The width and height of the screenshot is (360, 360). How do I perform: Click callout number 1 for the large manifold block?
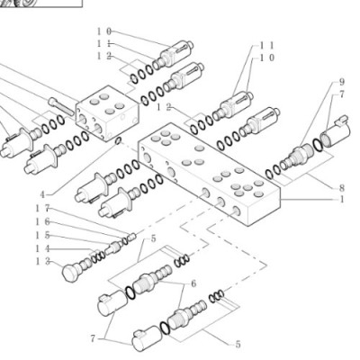coord(341,199)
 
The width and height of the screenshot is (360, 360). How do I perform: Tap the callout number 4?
coord(42,195)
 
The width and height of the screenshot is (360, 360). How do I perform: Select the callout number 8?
coord(341,188)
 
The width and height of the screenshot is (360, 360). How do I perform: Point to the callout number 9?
coord(342,82)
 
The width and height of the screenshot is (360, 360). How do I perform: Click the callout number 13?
coord(42,262)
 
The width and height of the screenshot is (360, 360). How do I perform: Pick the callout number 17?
coord(42,208)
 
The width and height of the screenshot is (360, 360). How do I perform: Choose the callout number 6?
coord(193,283)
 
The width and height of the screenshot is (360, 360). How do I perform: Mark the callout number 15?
coord(42,235)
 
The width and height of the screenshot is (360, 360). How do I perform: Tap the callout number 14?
coord(42,248)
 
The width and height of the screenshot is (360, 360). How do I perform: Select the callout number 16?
coord(42,221)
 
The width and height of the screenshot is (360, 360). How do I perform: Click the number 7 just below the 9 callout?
coord(342,94)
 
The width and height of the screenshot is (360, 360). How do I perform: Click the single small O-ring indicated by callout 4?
coord(118,140)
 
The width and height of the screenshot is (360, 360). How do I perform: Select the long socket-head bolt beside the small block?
coord(60,106)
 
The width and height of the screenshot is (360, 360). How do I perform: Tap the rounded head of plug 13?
coord(70,273)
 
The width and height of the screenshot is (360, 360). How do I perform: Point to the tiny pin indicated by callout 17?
coord(132,237)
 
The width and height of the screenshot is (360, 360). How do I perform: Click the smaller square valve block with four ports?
coord(107,112)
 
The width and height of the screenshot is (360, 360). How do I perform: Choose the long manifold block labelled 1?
coord(209,174)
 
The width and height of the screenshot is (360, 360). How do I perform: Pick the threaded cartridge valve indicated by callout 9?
coord(296,155)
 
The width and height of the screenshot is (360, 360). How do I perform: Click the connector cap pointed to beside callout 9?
coord(335,131)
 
